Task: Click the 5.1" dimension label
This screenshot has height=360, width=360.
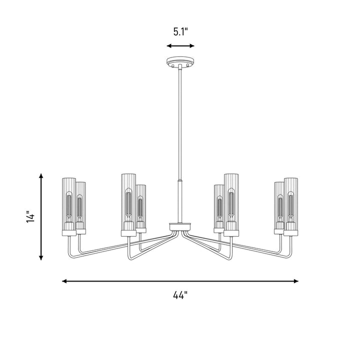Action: (x=180, y=31)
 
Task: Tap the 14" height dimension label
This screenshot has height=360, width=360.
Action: (x=30, y=216)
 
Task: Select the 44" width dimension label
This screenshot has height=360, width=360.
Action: (x=180, y=295)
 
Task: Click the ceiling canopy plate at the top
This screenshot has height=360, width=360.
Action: (x=180, y=62)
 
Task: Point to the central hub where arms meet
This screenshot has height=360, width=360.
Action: (x=180, y=226)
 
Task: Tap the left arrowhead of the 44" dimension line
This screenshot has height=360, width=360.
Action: (x=64, y=281)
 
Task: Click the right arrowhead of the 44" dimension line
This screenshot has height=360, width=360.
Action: (x=296, y=281)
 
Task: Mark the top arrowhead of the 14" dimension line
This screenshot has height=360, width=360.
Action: (x=41, y=176)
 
